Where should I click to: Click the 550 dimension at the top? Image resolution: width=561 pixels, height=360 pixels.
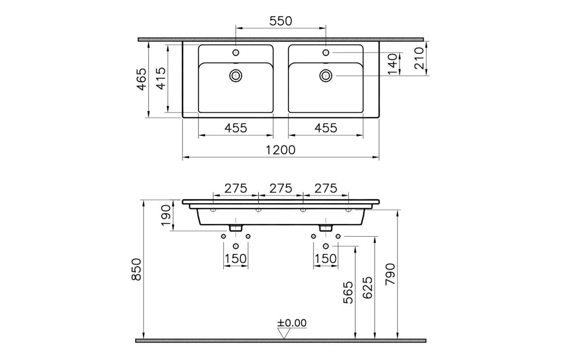click(x=280, y=21)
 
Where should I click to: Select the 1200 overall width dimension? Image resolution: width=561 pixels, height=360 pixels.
click(x=280, y=150)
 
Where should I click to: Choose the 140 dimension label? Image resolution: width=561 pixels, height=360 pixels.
click(x=393, y=64)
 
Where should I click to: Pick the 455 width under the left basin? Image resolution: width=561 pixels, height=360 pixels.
click(x=236, y=128)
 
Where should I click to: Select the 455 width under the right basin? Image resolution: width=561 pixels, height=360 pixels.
click(x=326, y=128)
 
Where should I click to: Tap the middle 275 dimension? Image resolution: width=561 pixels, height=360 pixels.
click(x=280, y=188)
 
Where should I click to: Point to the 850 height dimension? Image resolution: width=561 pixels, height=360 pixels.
click(x=137, y=269)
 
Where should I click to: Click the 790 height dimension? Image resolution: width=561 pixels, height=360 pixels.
click(x=391, y=276)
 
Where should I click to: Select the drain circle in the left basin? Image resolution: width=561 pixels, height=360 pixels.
click(x=236, y=75)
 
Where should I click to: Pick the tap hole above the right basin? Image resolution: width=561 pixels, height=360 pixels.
click(x=326, y=52)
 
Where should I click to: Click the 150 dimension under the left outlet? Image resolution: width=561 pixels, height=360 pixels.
click(x=236, y=259)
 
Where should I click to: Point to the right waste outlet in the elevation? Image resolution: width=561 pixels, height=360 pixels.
click(x=326, y=228)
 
